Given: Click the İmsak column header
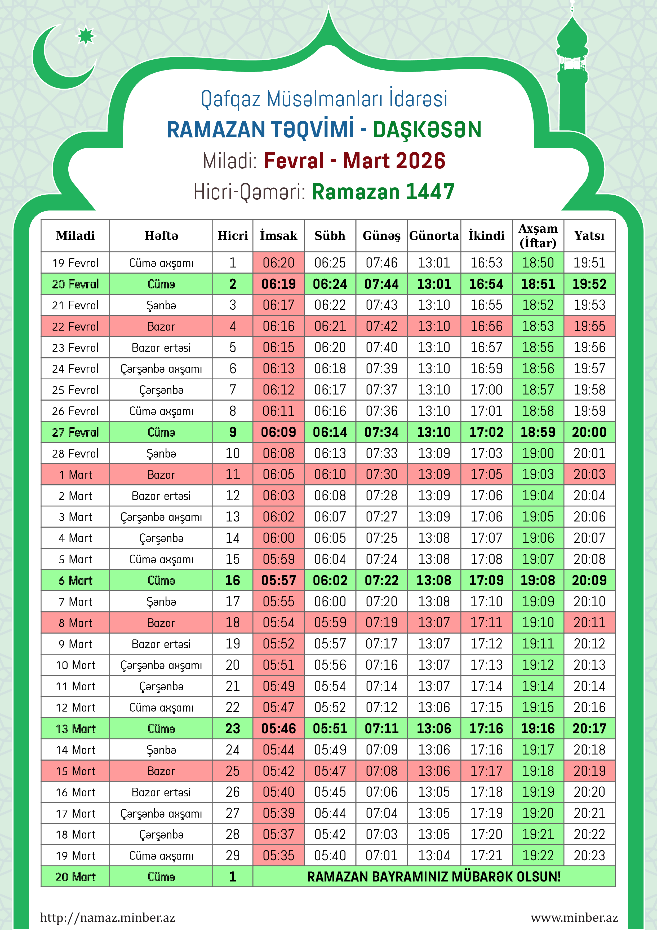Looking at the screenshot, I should [278, 235].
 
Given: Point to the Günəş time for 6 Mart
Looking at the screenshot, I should [381, 580].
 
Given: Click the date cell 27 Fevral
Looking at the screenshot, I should [75, 432].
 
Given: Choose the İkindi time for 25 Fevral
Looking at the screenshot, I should [486, 390].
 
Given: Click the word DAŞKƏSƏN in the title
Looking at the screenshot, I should [427, 130].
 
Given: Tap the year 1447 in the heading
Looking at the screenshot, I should [430, 192].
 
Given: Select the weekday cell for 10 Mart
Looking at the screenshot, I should [161, 665].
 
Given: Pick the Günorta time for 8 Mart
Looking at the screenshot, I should [434, 622].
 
